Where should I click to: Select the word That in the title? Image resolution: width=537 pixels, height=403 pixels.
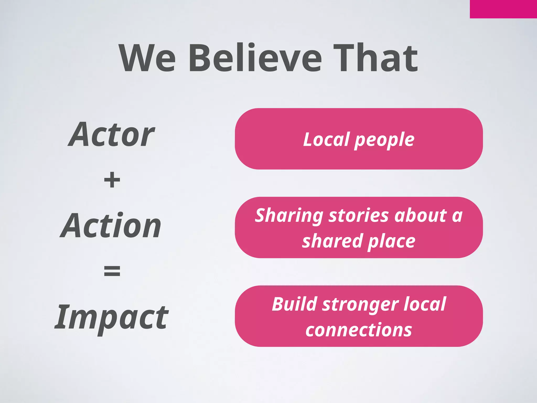click(x=375, y=58)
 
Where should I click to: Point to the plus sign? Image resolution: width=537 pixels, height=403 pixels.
click(x=112, y=180)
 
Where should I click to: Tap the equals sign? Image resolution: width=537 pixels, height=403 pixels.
click(x=112, y=271)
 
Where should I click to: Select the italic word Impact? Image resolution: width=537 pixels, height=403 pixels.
click(x=112, y=317)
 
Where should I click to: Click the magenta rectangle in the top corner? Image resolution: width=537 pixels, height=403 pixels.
click(x=503, y=9)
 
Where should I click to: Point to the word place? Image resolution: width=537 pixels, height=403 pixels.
click(x=391, y=242)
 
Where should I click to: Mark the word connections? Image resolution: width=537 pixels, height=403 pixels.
click(x=359, y=330)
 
